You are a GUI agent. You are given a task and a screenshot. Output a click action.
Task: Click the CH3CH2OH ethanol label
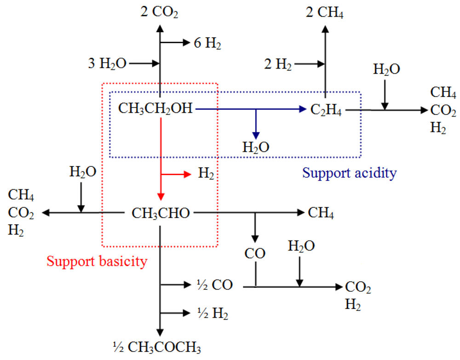click(155, 109)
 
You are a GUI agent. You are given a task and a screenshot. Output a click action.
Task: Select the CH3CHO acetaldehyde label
click(161, 213)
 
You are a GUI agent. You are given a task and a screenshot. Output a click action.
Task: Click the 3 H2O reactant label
click(106, 63)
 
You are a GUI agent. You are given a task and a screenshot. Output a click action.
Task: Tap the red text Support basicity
click(97, 261)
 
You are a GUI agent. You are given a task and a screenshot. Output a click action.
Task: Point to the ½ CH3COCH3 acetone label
click(157, 346)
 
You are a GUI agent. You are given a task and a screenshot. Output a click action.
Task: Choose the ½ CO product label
click(208, 285)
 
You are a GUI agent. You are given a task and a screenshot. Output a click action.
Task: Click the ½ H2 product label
click(206, 313)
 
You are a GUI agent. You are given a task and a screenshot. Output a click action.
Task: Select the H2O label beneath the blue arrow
click(256, 147)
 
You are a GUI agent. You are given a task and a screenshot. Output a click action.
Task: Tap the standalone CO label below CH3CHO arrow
click(255, 254)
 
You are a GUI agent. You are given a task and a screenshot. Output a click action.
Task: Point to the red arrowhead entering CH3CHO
click(161, 197)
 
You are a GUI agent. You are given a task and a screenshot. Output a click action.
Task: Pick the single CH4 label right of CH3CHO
click(321, 213)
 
